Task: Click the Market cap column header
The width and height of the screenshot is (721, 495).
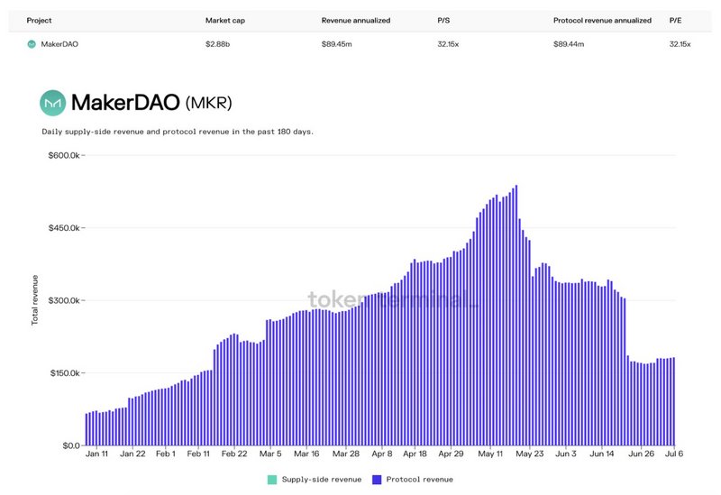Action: point(224,20)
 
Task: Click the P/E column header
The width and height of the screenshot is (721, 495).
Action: point(675,20)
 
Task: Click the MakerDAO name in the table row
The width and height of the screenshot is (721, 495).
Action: point(60,43)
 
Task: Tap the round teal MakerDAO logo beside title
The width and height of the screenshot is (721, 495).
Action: point(52,103)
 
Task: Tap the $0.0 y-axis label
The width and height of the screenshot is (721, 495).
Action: point(70,445)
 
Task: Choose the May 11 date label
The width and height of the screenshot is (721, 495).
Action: point(491,454)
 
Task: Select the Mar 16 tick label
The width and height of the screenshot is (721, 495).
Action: point(306,454)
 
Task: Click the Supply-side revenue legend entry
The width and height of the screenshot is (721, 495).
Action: point(315,480)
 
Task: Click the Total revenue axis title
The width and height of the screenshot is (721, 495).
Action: point(35,300)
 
